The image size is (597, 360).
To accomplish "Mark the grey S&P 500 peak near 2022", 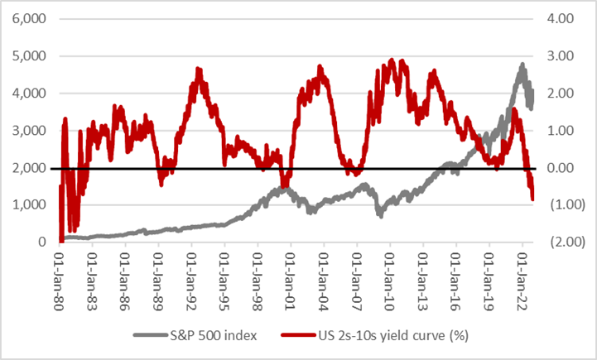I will (522, 64).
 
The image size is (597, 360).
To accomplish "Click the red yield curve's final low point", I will (533, 199).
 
